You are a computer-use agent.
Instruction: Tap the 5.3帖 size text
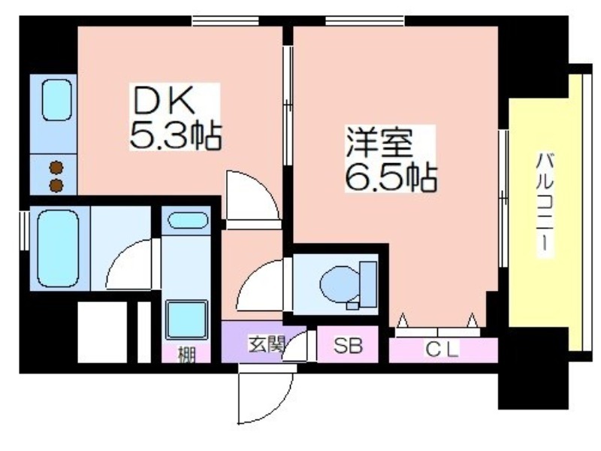(x=176, y=135)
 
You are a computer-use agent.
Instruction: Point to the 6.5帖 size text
(x=391, y=177)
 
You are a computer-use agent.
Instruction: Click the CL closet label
(x=442, y=349)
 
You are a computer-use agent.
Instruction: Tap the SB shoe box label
(x=348, y=346)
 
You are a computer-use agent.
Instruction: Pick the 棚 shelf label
(x=186, y=354)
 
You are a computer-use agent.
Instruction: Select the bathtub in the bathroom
(x=59, y=249)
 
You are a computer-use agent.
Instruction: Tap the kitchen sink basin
(x=57, y=101)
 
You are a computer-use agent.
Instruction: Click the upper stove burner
(x=56, y=168)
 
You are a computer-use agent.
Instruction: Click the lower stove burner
(x=56, y=185)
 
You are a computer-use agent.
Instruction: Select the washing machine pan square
(x=186, y=320)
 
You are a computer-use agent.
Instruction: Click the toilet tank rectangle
(x=368, y=284)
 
